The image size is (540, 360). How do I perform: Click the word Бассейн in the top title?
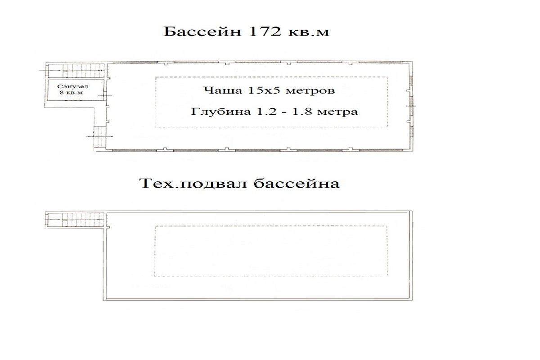point(202,31)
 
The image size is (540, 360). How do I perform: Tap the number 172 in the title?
point(265,31)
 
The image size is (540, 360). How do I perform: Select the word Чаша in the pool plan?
point(223,90)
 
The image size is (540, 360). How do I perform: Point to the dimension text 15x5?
point(264,90)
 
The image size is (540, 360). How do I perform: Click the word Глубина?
point(221,112)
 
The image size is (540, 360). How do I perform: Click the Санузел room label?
point(72,86)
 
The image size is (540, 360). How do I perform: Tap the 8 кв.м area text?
point(71,93)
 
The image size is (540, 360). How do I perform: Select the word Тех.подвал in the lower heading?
point(193,184)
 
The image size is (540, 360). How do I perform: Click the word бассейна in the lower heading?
point(297,184)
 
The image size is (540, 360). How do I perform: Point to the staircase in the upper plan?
point(76,70)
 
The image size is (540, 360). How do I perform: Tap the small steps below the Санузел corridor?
point(100,137)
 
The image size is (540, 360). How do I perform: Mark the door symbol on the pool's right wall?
point(411,106)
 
